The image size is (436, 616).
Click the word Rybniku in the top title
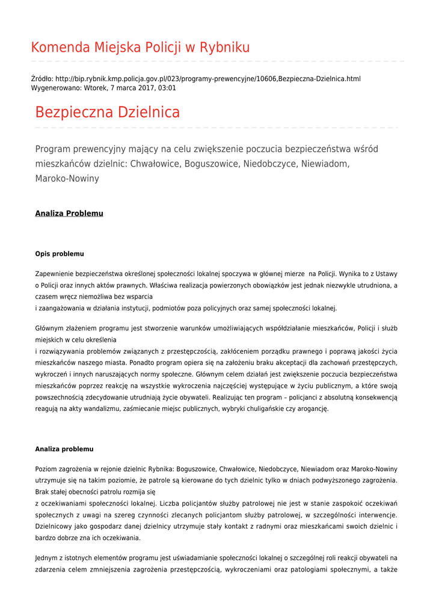coord(225,48)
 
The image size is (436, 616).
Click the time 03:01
coord(167,88)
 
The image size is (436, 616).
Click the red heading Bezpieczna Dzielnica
coord(107,112)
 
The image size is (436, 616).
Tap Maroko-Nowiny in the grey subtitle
coord(67,179)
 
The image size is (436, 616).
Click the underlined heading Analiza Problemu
coord(69,214)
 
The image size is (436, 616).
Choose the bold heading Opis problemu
coord(60,254)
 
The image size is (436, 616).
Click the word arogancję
coord(312,408)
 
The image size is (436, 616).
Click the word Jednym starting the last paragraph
coord(48,558)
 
